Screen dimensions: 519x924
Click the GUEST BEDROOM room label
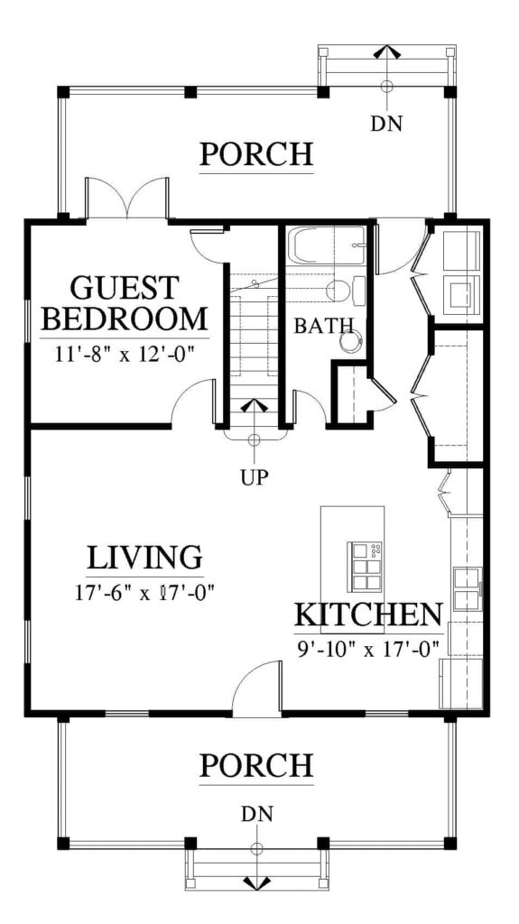click(125, 303)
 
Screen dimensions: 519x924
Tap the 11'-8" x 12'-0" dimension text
click(125, 356)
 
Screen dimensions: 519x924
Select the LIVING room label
click(145, 557)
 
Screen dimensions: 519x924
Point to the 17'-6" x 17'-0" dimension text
click(144, 592)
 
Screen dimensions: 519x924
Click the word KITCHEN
click(368, 615)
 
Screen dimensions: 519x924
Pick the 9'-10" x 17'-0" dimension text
click(369, 649)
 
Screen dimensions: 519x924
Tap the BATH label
click(324, 325)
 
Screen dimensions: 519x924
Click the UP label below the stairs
click(255, 476)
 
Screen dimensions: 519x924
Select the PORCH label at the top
click(256, 153)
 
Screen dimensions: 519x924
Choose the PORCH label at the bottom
click(256, 765)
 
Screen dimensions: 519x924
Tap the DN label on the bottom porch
click(256, 815)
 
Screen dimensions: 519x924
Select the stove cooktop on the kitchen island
click(366, 567)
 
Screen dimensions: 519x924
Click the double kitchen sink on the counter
click(468, 587)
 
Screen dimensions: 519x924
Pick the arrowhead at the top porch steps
click(387, 51)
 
